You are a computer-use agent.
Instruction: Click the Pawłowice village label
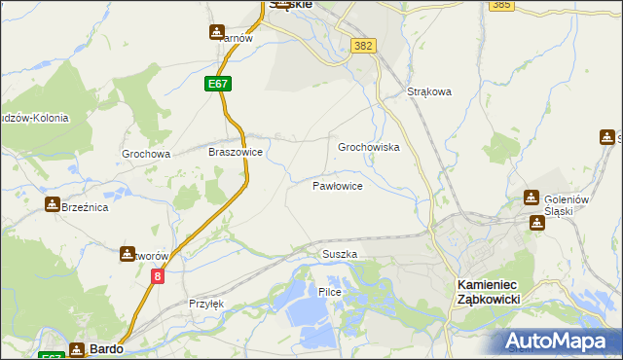[338, 185]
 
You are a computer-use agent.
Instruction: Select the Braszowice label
[236, 153]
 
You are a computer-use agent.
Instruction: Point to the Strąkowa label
[429, 92]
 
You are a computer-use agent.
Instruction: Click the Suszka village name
[340, 254]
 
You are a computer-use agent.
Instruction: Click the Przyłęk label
[206, 304]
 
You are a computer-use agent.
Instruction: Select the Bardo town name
[105, 348]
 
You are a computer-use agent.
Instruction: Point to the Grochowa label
[146, 154]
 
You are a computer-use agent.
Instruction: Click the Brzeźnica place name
[84, 207]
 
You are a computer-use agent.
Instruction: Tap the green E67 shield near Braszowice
[219, 86]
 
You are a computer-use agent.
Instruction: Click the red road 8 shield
[158, 277]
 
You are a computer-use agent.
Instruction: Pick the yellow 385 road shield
[502, 5]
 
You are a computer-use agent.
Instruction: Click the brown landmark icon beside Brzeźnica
[52, 205]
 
